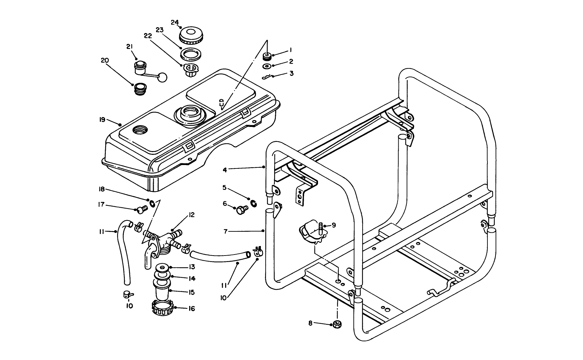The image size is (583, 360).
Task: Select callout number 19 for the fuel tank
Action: pyautogui.click(x=102, y=120)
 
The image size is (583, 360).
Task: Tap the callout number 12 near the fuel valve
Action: pyautogui.click(x=191, y=215)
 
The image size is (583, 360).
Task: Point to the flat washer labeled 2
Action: pyautogui.click(x=267, y=66)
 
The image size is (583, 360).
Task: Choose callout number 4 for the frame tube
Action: pyautogui.click(x=225, y=169)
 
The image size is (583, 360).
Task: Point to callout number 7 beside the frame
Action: pyautogui.click(x=225, y=231)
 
